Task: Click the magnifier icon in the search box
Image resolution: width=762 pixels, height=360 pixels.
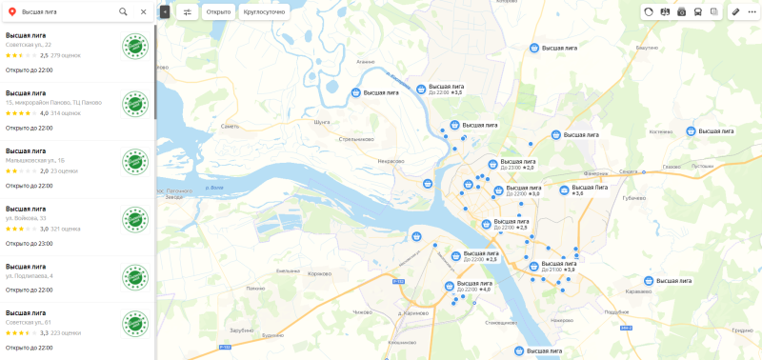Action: click(123, 11)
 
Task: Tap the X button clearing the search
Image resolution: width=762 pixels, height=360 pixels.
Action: click(143, 11)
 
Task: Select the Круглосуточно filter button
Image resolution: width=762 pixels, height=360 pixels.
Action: click(267, 12)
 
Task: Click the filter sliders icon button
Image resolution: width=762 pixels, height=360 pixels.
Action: click(187, 12)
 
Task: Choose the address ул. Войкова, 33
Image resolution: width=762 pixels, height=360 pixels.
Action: click(25, 218)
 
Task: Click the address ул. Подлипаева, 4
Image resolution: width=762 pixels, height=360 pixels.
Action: click(29, 276)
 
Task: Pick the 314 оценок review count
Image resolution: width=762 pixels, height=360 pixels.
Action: click(66, 113)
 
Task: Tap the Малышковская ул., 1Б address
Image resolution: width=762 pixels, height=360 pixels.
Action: click(34, 160)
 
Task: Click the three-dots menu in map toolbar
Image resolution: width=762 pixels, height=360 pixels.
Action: click(752, 11)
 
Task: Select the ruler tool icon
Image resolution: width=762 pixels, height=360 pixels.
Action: click(734, 11)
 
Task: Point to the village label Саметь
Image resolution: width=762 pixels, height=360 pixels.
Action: click(229, 126)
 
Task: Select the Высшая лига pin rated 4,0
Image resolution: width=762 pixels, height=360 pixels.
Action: click(449, 285)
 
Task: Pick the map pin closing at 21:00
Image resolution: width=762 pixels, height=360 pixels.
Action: click(533, 266)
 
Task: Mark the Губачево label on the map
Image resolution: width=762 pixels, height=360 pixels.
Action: click(634, 198)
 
